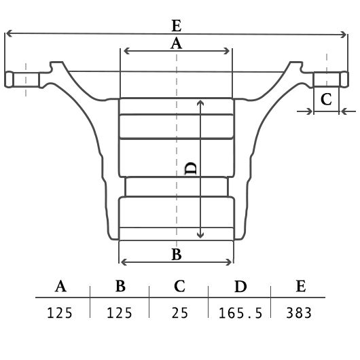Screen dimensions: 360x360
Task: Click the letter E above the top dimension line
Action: (177, 26)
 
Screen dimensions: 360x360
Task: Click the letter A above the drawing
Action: (177, 43)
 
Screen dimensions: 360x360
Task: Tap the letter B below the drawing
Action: (177, 255)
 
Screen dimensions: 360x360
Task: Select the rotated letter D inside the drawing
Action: (191, 168)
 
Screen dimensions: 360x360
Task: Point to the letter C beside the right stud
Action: (326, 99)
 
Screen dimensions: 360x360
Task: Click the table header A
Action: (60, 286)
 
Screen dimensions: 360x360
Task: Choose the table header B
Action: (120, 286)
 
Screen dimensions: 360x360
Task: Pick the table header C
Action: (179, 286)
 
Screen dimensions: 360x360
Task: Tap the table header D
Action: (240, 286)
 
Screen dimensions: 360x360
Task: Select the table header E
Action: (301, 286)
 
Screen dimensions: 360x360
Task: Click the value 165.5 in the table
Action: (240, 313)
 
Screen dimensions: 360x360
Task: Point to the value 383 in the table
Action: (299, 312)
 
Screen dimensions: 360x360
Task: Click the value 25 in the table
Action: (180, 312)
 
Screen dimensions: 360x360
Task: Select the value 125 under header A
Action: (60, 312)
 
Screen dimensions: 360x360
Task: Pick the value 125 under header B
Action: (120, 312)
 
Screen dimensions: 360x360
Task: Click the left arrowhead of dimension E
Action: (8, 33)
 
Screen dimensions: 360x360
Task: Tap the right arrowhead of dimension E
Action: (344, 35)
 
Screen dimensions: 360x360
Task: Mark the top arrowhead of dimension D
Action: (200, 103)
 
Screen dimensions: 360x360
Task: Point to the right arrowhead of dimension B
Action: (229, 262)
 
